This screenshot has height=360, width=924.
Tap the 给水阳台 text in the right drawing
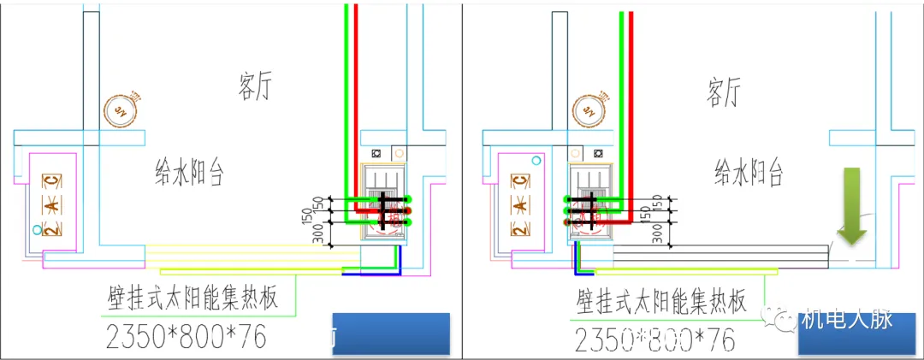pos(749,174)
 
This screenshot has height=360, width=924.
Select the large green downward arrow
pos(852,206)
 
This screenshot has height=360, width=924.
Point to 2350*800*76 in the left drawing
pos(185,337)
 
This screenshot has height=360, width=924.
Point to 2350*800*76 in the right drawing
pos(654,339)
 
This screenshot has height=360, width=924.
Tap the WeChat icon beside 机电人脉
pos(785,321)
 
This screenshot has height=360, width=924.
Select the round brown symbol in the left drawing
pos(118,108)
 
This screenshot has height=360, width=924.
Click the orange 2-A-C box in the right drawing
pos(519,205)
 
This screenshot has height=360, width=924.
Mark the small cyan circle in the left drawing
pos(35,230)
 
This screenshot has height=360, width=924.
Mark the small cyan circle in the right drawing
pos(536,160)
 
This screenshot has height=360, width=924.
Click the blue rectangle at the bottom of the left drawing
pos(390,333)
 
